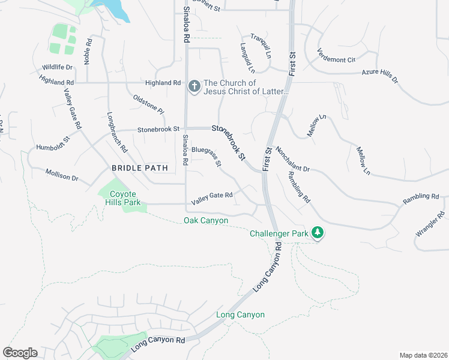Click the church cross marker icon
194,86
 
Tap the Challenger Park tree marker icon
318,233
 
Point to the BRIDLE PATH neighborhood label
140,168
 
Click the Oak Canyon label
206,221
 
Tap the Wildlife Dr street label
57,68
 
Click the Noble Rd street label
89,48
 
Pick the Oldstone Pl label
148,103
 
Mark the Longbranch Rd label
118,131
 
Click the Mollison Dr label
62,175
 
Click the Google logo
20,353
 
